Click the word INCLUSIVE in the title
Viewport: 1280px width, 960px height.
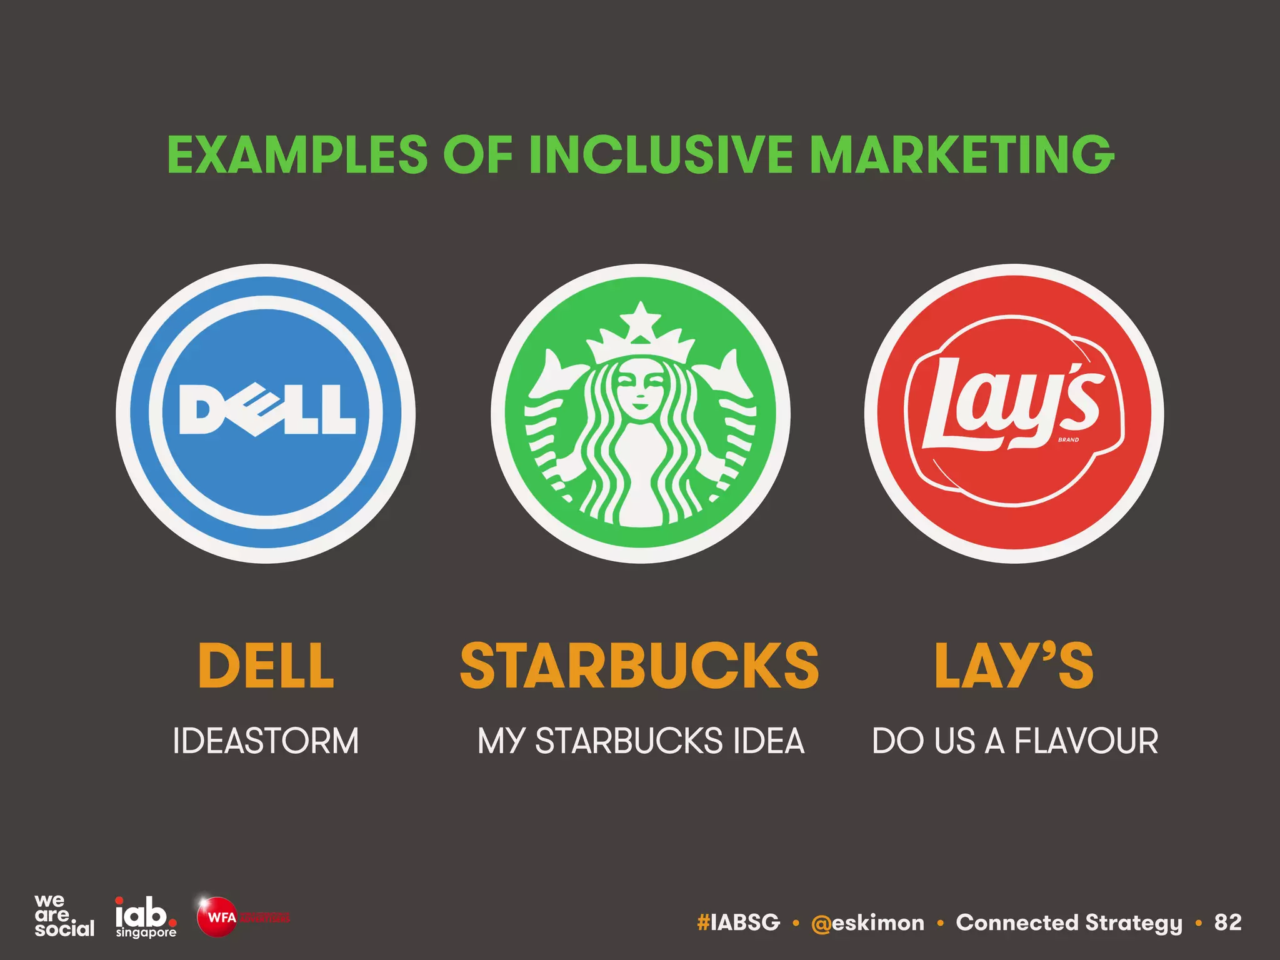click(x=661, y=154)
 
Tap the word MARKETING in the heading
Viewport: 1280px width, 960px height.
click(x=961, y=154)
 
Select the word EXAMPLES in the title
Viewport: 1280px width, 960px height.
click(x=297, y=154)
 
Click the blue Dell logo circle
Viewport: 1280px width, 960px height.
click(x=266, y=413)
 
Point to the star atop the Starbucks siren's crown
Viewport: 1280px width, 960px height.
click(x=640, y=320)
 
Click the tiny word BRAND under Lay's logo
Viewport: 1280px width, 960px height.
click(x=1068, y=440)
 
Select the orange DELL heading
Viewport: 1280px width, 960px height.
click(x=266, y=666)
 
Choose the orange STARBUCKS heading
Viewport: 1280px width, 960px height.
click(x=639, y=666)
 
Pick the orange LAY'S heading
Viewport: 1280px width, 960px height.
click(x=1014, y=666)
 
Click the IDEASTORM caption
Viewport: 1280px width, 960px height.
click(x=266, y=741)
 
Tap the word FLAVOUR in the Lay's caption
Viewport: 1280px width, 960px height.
click(x=1086, y=741)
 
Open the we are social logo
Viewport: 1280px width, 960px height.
click(x=64, y=916)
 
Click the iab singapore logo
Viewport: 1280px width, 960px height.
click(x=146, y=917)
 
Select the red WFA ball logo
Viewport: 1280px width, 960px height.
click(x=217, y=917)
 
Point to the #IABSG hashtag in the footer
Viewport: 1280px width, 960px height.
click(x=739, y=922)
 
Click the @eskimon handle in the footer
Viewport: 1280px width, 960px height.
click(x=867, y=922)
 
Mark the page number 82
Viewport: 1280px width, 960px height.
click(x=1227, y=922)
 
